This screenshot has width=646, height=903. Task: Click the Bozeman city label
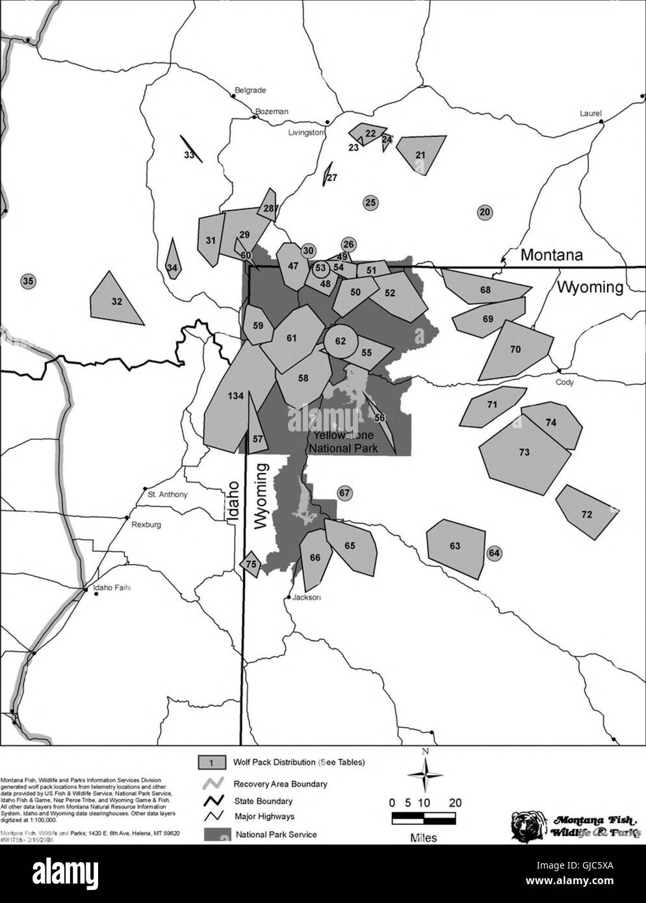272,112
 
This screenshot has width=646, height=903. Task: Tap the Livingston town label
306,133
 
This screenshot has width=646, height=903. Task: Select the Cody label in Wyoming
564,383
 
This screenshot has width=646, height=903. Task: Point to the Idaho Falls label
112,588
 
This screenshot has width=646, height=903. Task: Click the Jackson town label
307,598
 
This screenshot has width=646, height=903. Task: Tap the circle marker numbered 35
28,281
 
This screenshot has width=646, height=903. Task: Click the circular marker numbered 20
485,211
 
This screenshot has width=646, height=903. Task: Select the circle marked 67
344,493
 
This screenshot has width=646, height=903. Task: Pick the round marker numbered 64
495,553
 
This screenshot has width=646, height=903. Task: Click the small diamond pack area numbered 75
251,564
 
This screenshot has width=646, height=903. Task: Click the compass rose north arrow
425,776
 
